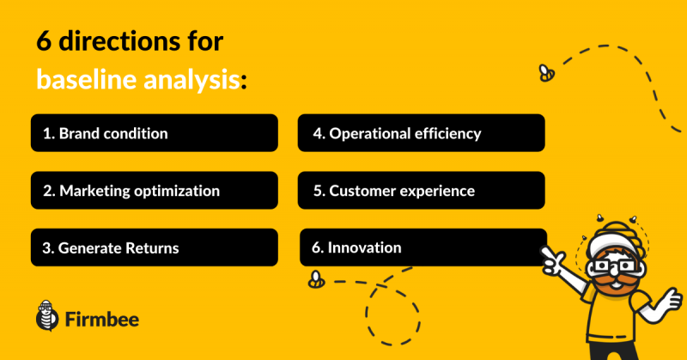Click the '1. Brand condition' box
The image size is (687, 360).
[155, 133]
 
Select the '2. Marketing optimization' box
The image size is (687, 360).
[155, 190]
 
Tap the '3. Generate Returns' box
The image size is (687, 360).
[155, 247]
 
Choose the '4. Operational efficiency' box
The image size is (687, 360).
[421, 133]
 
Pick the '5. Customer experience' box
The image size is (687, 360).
[421, 190]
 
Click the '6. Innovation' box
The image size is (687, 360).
[423, 247]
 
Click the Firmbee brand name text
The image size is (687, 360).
[102, 320]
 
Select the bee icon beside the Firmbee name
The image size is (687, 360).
[47, 315]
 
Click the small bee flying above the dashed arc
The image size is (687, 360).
[546, 73]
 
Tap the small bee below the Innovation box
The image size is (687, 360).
[316, 279]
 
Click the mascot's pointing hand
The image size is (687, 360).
[553, 260]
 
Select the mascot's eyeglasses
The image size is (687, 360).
[613, 266]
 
